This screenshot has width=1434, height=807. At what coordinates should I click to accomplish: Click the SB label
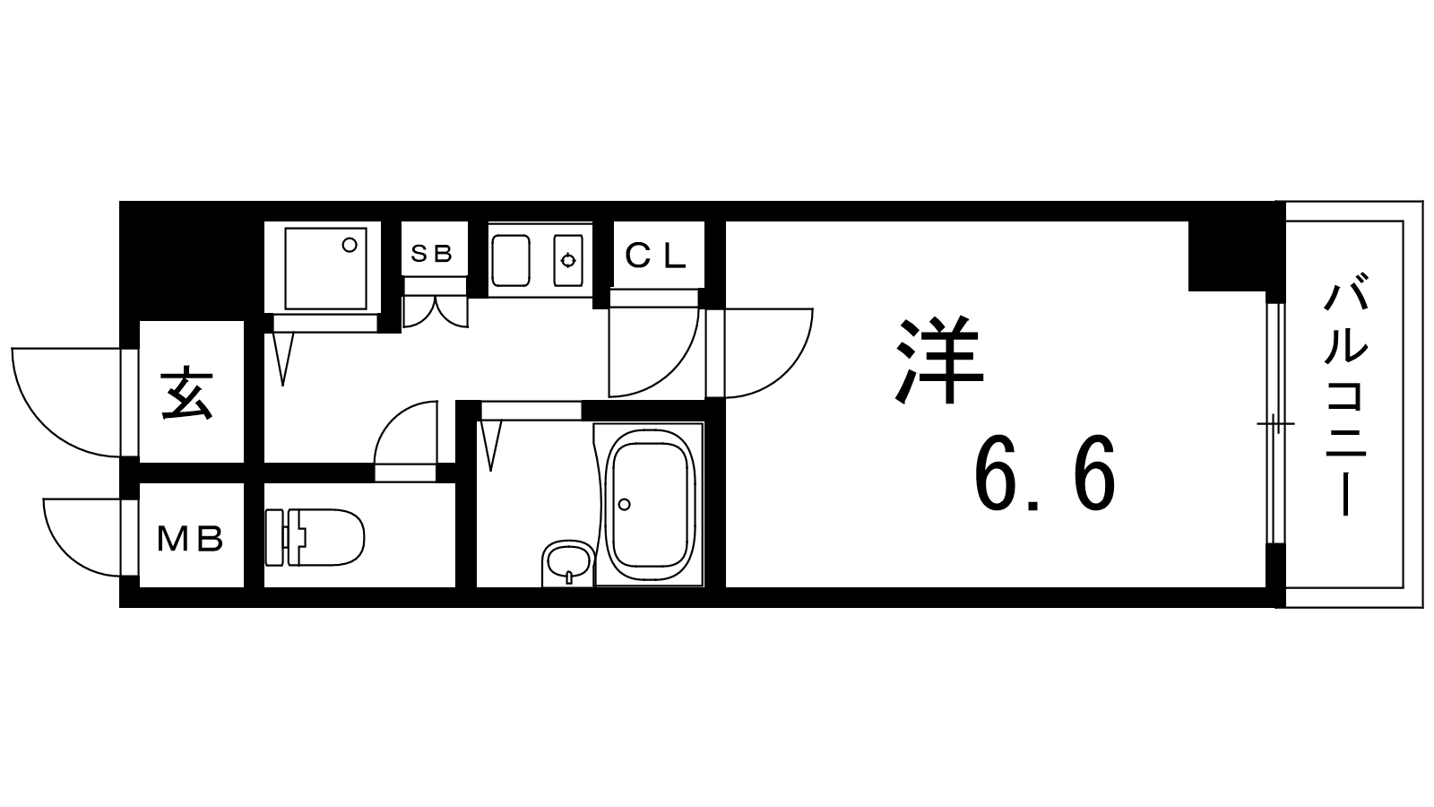click(431, 255)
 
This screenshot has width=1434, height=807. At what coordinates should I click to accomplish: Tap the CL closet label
click(655, 256)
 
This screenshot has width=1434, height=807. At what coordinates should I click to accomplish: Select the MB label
click(190, 539)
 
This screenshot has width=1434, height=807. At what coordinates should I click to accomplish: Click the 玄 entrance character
click(187, 393)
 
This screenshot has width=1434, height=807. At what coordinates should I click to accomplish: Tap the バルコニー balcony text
click(1345, 394)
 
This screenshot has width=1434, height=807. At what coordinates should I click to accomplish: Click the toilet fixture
click(315, 537)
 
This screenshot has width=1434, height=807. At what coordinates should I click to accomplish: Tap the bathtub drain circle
click(624, 505)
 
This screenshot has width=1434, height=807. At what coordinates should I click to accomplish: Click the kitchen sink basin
click(510, 260)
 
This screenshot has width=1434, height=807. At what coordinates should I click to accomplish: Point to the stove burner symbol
click(568, 260)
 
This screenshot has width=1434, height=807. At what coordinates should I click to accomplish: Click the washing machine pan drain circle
click(350, 245)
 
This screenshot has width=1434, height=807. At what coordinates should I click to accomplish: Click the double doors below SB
click(436, 312)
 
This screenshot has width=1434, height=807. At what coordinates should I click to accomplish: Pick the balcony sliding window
click(1276, 423)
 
